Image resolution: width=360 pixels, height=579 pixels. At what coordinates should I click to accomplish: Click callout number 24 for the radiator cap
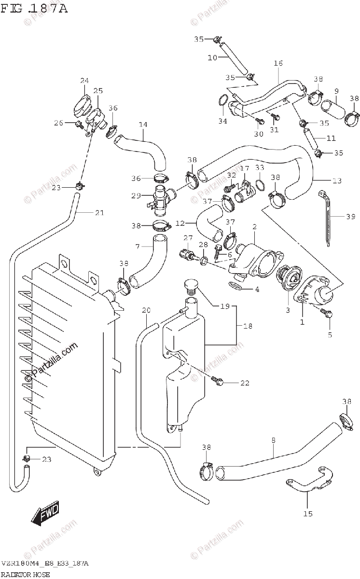(x=84, y=80)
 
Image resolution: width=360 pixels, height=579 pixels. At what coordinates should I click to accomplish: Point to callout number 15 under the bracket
(x=308, y=513)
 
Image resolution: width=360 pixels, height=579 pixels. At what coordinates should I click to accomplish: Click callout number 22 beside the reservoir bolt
(x=245, y=383)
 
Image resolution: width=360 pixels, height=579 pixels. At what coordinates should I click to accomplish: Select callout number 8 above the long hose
(x=273, y=440)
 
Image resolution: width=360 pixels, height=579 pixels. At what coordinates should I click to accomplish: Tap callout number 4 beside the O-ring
(x=257, y=289)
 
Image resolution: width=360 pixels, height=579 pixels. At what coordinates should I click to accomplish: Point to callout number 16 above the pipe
(x=278, y=63)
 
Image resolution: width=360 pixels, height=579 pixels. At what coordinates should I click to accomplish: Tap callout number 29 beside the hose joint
(x=136, y=195)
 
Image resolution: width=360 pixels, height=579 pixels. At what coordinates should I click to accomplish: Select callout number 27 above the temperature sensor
(x=188, y=237)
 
